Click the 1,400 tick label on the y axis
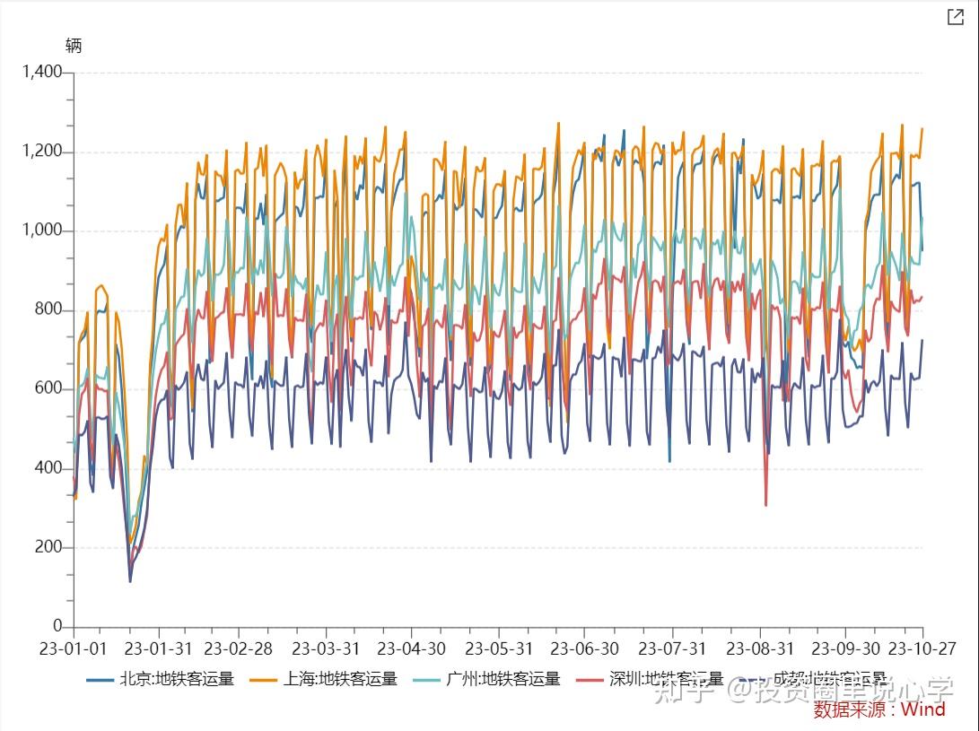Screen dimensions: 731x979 click(x=42, y=72)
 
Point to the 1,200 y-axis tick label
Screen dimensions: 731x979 click(x=42, y=151)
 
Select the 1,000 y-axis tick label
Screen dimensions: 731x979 click(x=42, y=231)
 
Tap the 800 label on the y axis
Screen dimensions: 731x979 click(x=48, y=309)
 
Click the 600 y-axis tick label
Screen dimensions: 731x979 click(x=48, y=388)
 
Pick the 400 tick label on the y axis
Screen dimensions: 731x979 click(x=48, y=468)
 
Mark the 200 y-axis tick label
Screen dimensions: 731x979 click(x=48, y=547)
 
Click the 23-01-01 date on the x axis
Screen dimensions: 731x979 click(x=74, y=648)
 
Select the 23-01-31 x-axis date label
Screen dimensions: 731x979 click(x=158, y=648)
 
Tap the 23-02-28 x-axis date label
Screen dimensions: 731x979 click(x=239, y=648)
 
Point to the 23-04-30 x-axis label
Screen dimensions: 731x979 click(x=411, y=648)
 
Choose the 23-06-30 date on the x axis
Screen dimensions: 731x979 click(x=584, y=648)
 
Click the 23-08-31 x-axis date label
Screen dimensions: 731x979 click(x=759, y=648)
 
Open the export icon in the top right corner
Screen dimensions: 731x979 click(x=956, y=17)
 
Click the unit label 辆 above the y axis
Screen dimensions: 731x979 click(x=74, y=46)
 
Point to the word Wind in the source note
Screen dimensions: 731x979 click(x=922, y=709)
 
